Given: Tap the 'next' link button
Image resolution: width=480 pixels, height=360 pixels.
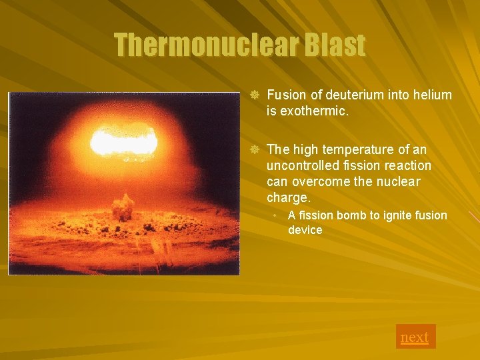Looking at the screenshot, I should [415, 337].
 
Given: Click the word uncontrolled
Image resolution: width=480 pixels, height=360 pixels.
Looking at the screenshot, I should [301, 165].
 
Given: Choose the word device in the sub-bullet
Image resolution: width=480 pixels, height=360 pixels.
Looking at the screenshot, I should [305, 230].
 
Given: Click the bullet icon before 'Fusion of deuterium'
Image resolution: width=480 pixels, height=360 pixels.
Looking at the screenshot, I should [253, 95].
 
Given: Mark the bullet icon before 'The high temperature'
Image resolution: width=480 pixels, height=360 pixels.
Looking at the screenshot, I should [253, 149].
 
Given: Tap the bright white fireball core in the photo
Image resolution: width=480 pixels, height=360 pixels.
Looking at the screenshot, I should [124, 141].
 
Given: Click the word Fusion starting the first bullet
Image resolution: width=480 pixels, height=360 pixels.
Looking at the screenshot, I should [285, 95].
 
